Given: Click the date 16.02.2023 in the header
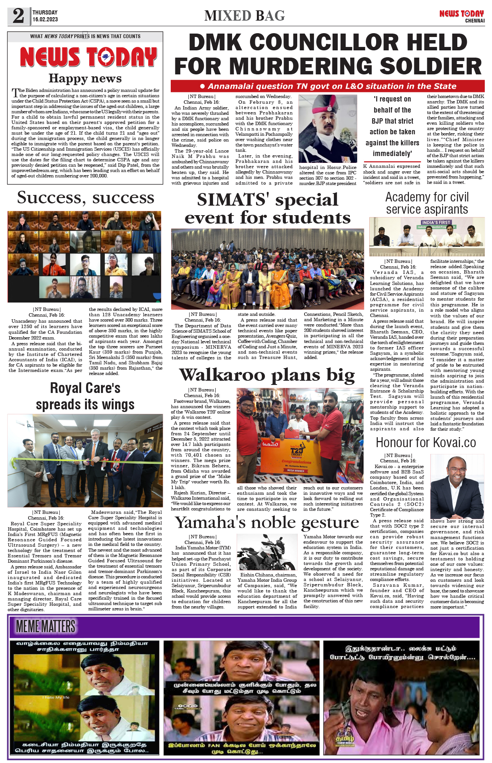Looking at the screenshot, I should [45, 19].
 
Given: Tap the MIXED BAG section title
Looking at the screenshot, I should [244, 16].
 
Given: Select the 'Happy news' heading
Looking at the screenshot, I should [85, 78].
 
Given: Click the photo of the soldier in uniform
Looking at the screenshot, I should [327, 129].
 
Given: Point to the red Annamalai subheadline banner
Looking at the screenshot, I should [327, 86].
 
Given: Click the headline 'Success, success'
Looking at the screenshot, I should [85, 198].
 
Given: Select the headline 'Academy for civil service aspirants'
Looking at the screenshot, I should [427, 203].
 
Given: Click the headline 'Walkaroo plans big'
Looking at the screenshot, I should [267, 375].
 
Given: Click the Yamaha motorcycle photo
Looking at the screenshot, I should [266, 552].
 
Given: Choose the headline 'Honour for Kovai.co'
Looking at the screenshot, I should [426, 443].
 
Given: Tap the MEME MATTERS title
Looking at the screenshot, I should [46, 626].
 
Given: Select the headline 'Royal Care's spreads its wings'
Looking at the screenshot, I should [85, 396].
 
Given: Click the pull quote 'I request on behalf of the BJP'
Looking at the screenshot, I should [392, 126].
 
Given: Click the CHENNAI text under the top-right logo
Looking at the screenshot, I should [474, 21].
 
